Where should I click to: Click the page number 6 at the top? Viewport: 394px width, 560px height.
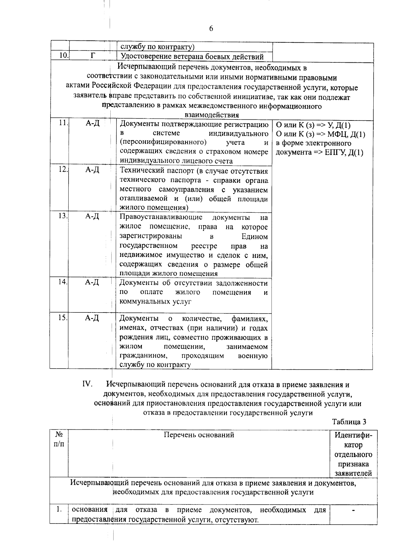[211, 29]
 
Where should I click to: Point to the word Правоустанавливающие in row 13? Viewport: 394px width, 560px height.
[161, 217]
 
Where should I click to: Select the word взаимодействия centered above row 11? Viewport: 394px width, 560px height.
[212, 115]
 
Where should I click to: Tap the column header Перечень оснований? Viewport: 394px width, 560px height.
[199, 435]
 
